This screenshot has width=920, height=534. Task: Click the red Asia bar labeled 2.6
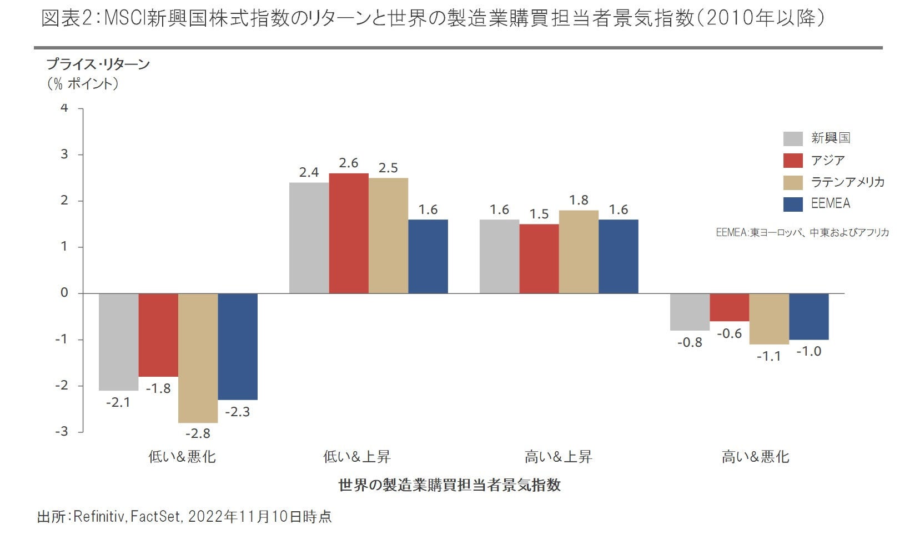coord(349,233)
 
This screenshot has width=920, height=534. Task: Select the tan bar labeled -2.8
coord(198,358)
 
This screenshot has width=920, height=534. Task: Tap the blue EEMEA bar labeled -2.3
coord(238,346)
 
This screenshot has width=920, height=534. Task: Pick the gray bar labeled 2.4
coord(309,238)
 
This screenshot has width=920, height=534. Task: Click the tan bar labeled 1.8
coord(579,252)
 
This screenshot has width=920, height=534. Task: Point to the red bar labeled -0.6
coord(730,307)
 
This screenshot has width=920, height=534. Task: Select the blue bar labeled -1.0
coord(808,316)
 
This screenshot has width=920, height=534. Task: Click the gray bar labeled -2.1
coord(119,342)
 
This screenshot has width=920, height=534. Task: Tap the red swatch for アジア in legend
coord(793,161)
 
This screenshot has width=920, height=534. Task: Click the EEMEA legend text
coord(830,203)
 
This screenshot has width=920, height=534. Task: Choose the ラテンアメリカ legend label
coord(847,182)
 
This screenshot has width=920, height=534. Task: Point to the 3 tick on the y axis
coord(64,154)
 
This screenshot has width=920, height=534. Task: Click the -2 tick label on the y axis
coord(62,386)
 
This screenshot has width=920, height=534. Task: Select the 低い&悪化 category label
coord(182,457)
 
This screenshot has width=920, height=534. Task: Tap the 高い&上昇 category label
coord(558,457)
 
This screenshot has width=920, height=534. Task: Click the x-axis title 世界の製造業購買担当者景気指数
coord(449,485)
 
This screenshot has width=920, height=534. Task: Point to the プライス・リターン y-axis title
coord(98,64)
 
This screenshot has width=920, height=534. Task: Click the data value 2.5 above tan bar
coord(388,168)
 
